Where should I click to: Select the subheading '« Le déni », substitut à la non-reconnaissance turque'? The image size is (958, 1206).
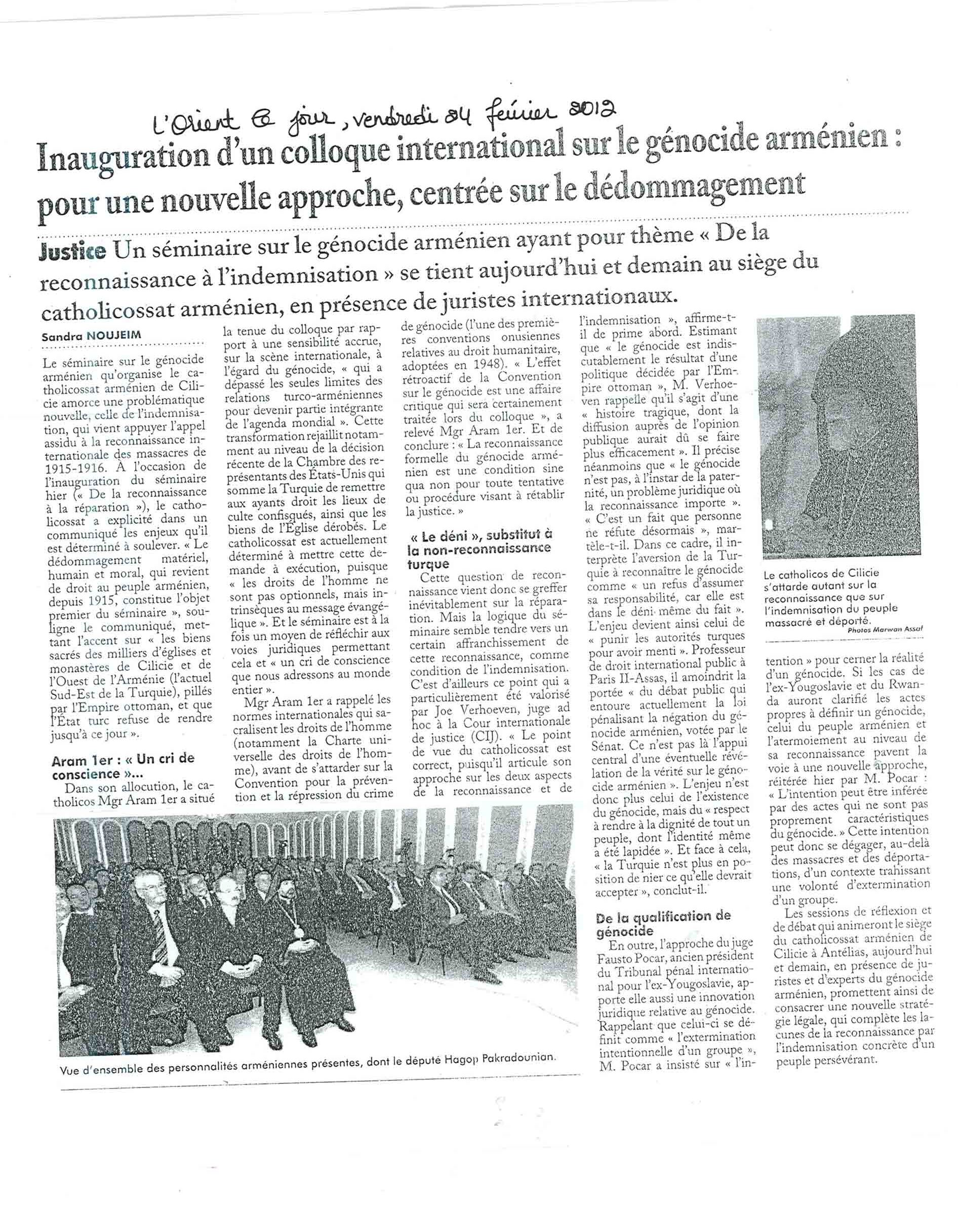[x=480, y=550]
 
